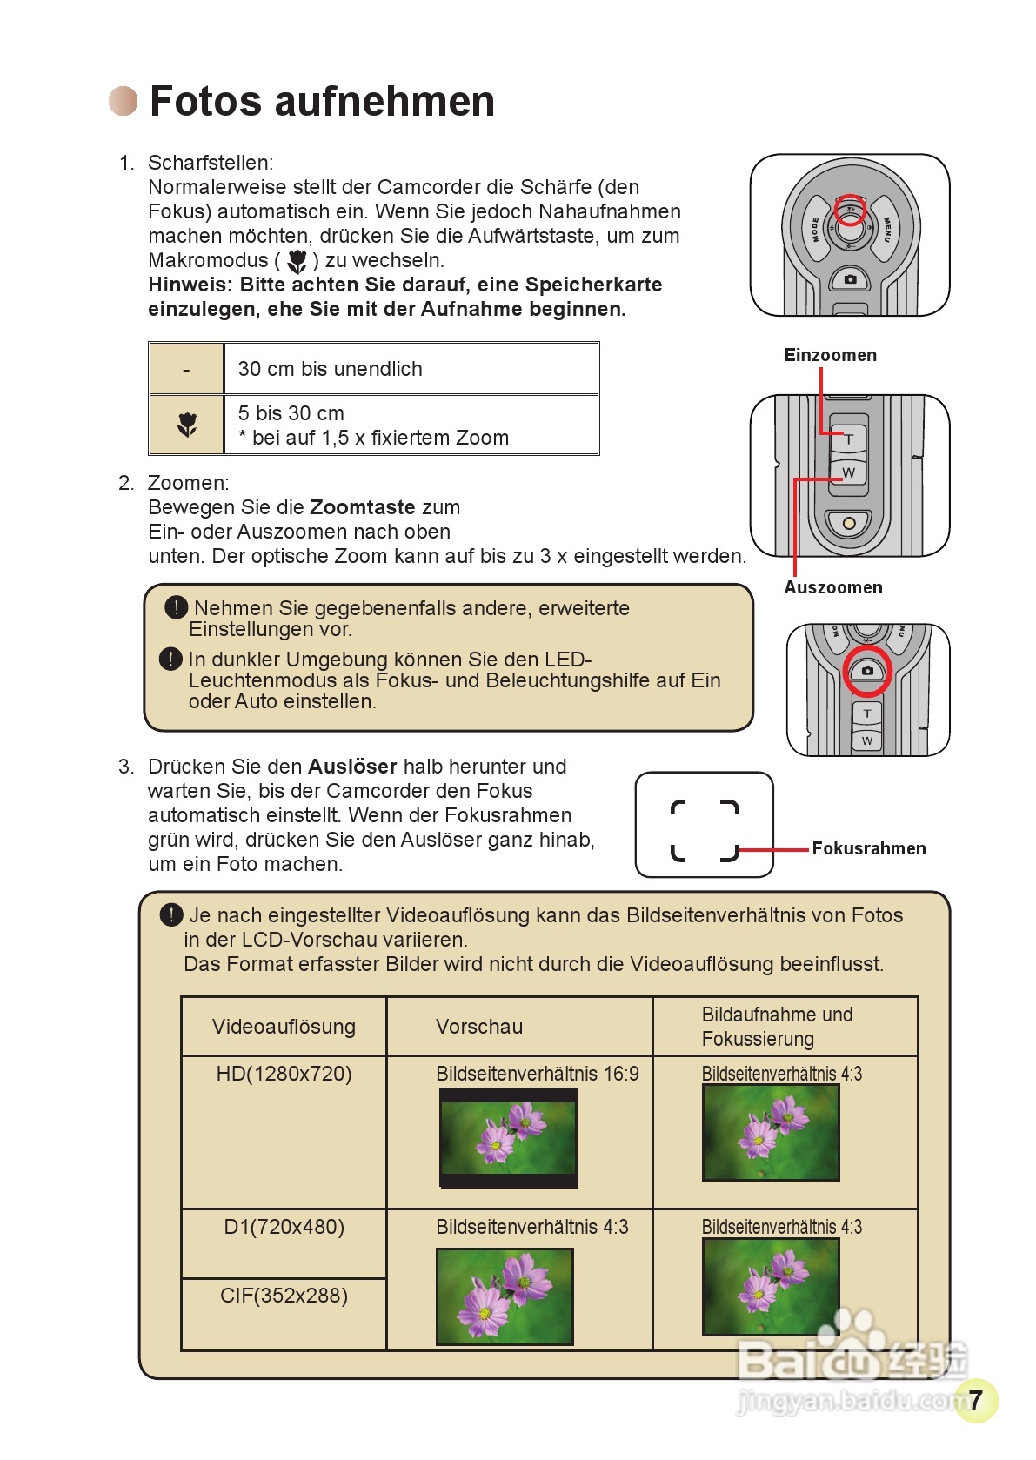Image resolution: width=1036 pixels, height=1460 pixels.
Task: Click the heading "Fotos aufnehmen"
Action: point(322,101)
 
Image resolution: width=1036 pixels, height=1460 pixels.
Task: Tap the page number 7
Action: point(975,1399)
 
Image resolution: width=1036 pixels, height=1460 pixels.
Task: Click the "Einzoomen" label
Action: point(830,355)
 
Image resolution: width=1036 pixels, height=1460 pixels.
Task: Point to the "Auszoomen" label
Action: point(832,587)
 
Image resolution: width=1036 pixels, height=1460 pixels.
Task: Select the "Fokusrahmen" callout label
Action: point(868,848)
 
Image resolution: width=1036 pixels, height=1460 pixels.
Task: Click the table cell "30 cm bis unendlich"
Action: point(331,369)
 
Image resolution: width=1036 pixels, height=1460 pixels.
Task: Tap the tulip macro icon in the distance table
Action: point(187,425)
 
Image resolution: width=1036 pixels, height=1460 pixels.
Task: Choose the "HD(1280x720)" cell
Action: point(284,1074)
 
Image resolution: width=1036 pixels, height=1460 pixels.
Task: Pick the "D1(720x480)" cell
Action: point(284,1227)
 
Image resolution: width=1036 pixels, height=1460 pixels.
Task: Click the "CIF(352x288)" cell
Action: point(284,1296)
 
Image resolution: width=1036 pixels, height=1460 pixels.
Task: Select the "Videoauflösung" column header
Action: point(284,1027)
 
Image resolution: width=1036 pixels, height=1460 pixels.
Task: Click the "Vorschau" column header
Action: point(479,1027)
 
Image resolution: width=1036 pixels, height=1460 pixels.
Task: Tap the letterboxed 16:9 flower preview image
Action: point(509,1138)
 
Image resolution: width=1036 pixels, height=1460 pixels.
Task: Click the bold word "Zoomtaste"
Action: point(362,507)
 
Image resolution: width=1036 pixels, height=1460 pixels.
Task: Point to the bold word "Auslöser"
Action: point(352,767)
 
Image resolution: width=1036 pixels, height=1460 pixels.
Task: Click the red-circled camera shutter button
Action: point(867,671)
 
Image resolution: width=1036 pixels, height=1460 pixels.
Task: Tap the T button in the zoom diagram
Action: point(849,439)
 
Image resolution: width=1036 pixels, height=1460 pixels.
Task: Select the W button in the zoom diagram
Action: point(849,472)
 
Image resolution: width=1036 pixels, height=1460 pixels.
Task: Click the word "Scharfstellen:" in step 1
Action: point(211,163)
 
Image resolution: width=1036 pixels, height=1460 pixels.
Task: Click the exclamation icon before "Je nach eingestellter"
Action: point(171,914)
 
